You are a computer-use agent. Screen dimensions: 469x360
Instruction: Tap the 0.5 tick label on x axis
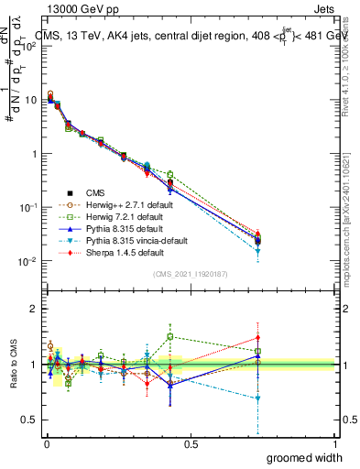[x=191, y=444]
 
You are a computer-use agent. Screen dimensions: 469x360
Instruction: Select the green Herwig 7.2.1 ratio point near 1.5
[x=170, y=336]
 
